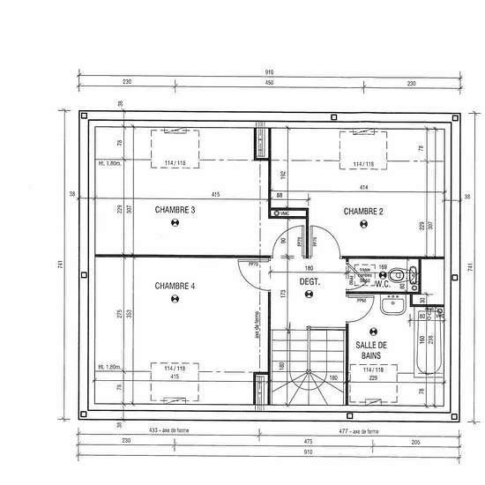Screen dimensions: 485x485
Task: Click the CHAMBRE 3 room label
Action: coord(175,210)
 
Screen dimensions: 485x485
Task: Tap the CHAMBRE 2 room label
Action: coord(363,211)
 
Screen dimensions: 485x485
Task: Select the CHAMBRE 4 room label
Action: coord(175,286)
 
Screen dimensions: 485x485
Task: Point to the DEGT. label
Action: coord(309,282)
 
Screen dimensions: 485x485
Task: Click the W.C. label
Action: coord(382,284)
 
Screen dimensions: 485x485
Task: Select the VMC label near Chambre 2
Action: coord(284,213)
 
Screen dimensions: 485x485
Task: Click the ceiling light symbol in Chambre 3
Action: coord(175,224)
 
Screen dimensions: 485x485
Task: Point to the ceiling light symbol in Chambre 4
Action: coord(175,299)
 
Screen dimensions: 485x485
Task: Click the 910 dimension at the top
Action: coord(269,72)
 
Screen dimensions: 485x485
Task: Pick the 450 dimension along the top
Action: coord(269,83)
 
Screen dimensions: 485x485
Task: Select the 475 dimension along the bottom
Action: coord(307,440)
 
